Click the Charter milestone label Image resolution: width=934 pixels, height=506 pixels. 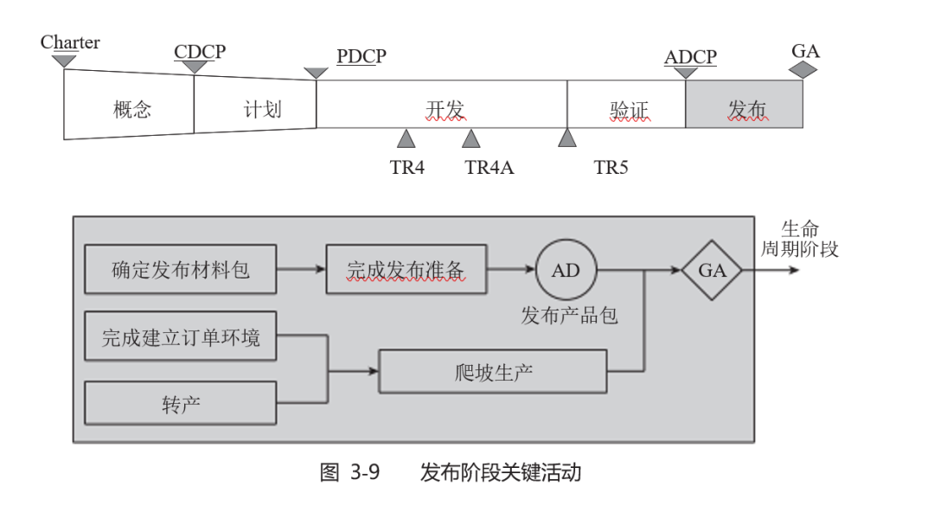(x=70, y=42)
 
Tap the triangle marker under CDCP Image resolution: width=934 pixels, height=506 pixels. (x=195, y=67)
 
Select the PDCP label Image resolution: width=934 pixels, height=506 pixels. (x=361, y=57)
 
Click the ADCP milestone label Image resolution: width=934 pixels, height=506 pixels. (x=690, y=58)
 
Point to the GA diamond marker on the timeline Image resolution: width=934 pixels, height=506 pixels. (x=804, y=70)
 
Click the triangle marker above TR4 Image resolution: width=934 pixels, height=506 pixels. (x=406, y=138)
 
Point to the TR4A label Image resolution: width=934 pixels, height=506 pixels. (x=489, y=167)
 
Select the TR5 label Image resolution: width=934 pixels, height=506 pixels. (x=611, y=167)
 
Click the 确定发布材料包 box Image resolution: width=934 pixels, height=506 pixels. (x=181, y=270)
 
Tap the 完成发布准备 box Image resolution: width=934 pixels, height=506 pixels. (x=406, y=270)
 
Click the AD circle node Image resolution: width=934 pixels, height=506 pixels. (x=566, y=270)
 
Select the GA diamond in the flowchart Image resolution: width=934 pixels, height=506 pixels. (x=712, y=270)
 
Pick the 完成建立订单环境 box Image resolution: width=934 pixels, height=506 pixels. (x=181, y=336)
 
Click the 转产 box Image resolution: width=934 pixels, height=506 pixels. (x=181, y=403)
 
